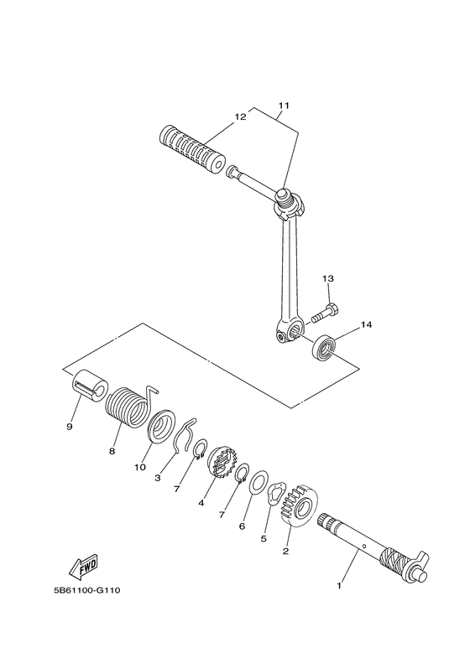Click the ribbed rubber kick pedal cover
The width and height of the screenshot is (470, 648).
pyautogui.click(x=191, y=150)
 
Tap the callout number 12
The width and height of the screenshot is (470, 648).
pyautogui.click(x=240, y=117)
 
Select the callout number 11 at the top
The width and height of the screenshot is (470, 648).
pyautogui.click(x=283, y=106)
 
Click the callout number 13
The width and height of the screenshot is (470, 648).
pyautogui.click(x=328, y=279)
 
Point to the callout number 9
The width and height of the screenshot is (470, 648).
pyautogui.click(x=70, y=427)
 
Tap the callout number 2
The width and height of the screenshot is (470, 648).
pyautogui.click(x=286, y=551)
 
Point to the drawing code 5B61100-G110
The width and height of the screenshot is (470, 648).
pyautogui.click(x=86, y=590)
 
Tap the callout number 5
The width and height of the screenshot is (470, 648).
pyautogui.click(x=263, y=539)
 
